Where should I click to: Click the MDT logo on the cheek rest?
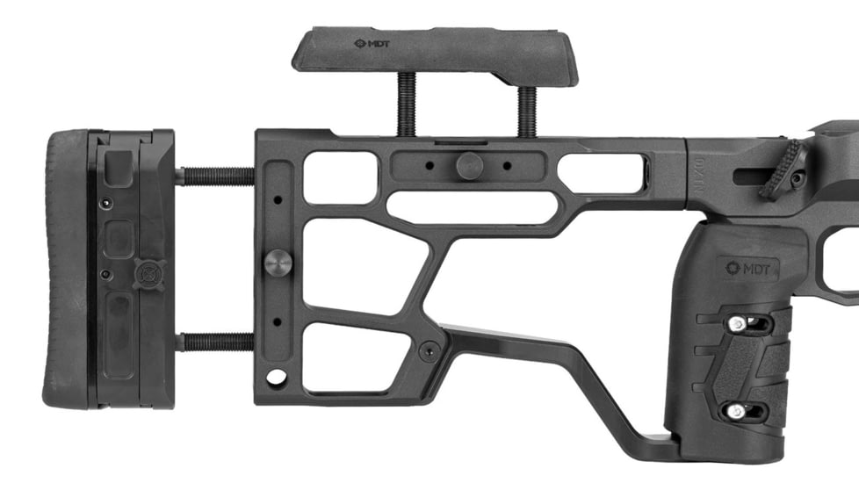click(372, 43)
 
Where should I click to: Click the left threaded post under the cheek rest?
click(407, 103)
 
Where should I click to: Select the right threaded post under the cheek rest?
click(527, 111)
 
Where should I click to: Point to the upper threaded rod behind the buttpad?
click(215, 177)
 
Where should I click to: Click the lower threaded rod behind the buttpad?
click(215, 341)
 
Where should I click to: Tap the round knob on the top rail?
click(468, 164)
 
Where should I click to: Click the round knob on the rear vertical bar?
click(278, 262)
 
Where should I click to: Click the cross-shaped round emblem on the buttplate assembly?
click(148, 272)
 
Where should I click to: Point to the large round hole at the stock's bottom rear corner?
click(277, 378)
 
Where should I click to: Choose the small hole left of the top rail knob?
click(429, 164)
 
